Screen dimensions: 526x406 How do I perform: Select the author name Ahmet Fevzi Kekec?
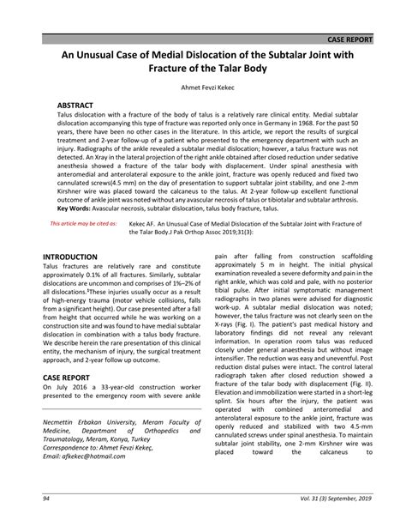coord(203,88)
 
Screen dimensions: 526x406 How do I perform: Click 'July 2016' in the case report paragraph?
coord(68,386)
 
